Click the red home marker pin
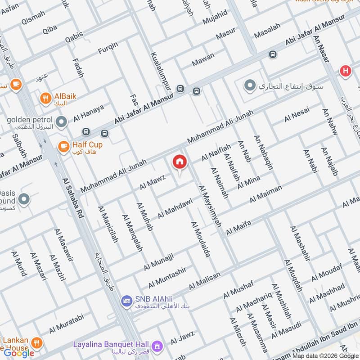coord(180,162)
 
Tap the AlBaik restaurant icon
coord(45,98)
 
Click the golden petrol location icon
coord(61,121)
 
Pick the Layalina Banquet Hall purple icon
coord(157,346)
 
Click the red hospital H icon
coord(345,71)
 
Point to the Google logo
coord(19,353)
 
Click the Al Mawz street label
coord(153,182)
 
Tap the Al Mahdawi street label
coord(175,208)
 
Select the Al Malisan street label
coord(205,281)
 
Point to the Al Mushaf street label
coord(239,289)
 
